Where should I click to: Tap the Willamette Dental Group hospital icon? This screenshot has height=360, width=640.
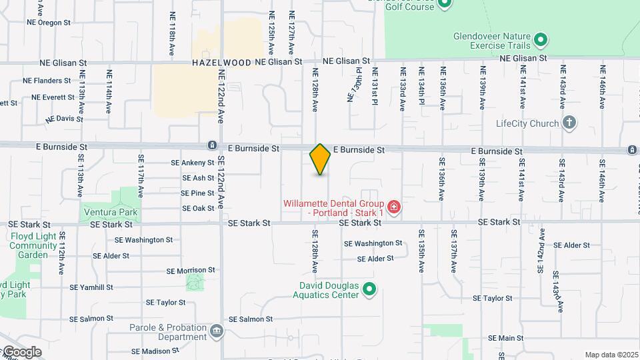coord(394,207)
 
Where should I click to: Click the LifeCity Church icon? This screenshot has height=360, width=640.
coord(569,123)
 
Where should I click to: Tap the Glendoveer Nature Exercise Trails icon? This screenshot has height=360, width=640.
coord(541,41)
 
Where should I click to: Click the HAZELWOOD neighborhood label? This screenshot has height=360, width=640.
coord(221,63)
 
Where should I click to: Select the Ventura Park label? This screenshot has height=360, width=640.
coord(111,213)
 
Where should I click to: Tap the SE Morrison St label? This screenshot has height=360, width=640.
coord(191,271)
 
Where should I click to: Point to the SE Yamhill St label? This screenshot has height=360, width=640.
coord(91,287)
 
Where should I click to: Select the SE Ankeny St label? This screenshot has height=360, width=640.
coord(193,162)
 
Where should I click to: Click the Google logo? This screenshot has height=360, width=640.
coord(21,352)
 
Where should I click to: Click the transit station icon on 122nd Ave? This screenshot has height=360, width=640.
coord(211,145)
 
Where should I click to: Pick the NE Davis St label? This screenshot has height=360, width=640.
coord(65,119)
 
